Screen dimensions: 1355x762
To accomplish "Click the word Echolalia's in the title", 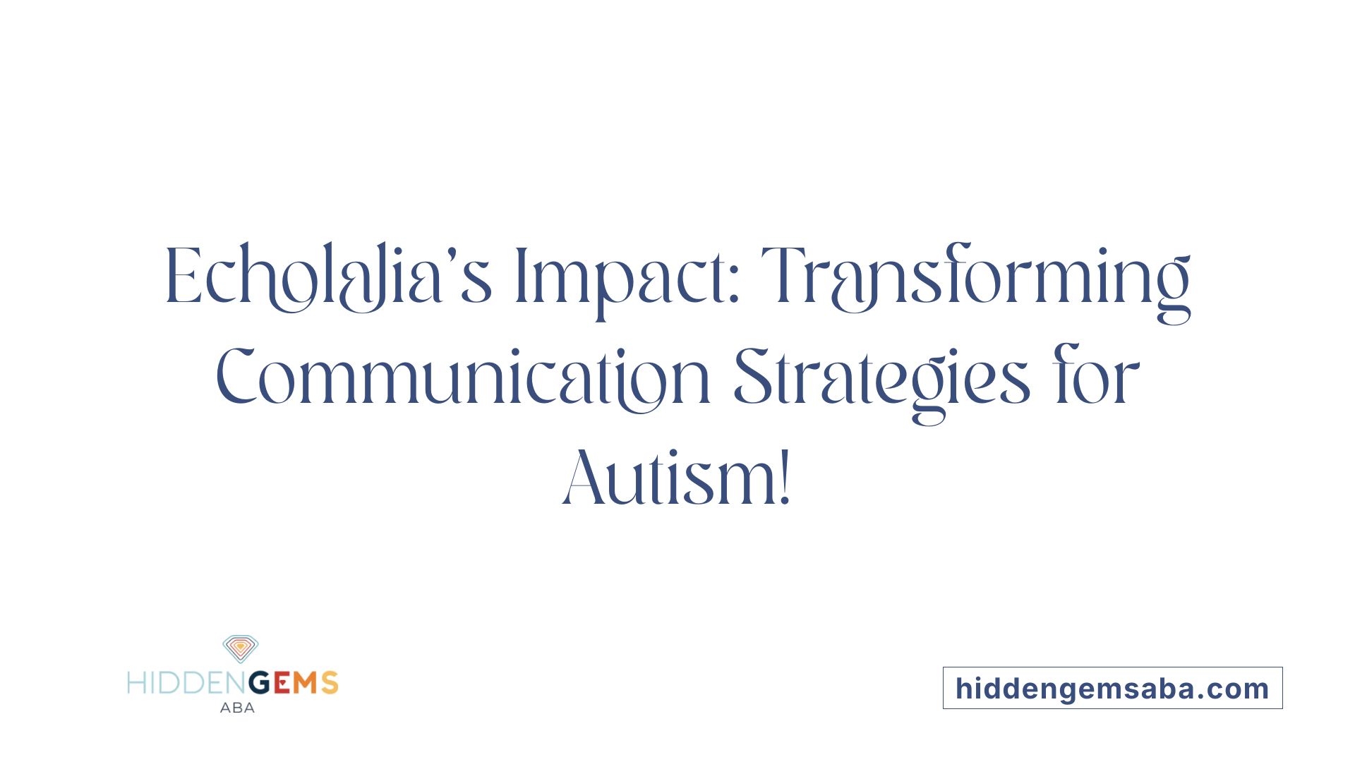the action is point(328,277).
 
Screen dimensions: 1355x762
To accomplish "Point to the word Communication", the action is point(463,379).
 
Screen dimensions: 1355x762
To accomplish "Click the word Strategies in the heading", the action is point(882,385).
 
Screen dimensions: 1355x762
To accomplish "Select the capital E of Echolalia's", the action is point(183,276).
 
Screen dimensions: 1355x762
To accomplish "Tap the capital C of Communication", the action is point(236,375).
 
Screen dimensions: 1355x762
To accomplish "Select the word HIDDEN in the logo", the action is point(187,683).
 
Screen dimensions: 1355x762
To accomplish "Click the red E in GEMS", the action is point(282,683).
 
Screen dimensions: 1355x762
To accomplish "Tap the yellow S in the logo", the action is point(330,683).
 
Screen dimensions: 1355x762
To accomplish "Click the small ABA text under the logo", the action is point(237,708).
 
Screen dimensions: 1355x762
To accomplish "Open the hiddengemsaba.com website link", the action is point(1112,688).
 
